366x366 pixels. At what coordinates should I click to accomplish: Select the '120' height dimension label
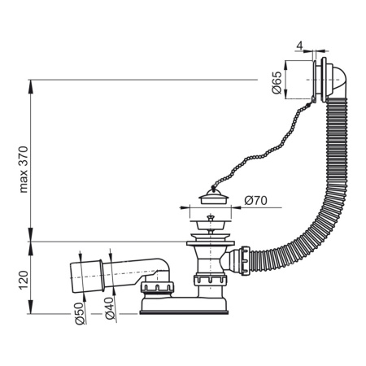click(23, 278)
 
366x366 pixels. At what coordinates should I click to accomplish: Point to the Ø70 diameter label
click(254, 198)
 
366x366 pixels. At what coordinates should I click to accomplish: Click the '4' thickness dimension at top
click(300, 45)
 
